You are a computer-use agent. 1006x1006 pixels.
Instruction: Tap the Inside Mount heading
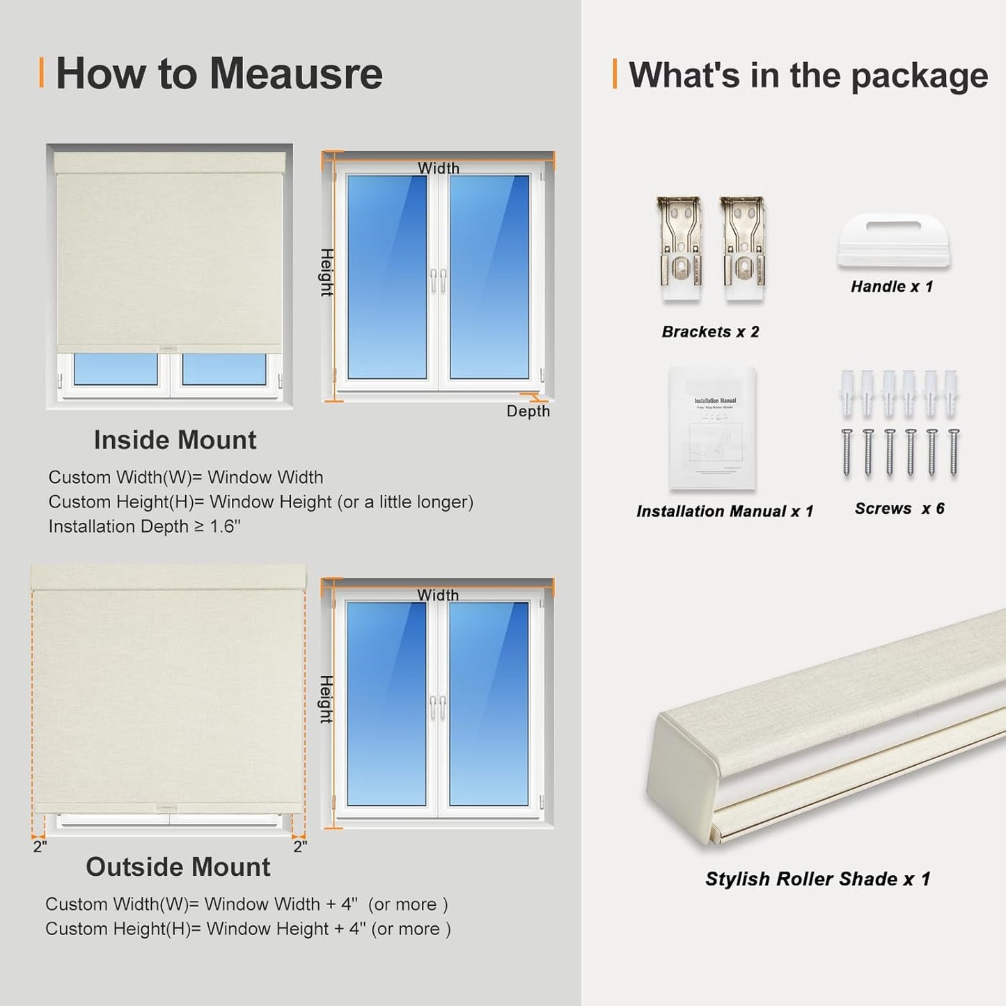click(x=175, y=440)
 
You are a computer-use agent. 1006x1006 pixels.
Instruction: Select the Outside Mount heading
click(x=178, y=867)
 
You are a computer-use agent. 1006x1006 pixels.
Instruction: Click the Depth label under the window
click(x=528, y=411)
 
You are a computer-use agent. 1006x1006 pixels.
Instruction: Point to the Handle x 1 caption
click(x=891, y=287)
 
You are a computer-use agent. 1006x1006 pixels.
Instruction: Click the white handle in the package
click(x=893, y=240)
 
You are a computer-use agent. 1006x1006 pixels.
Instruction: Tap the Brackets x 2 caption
click(x=710, y=332)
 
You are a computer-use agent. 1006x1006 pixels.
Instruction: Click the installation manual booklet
click(x=712, y=427)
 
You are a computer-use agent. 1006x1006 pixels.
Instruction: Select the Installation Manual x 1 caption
click(x=724, y=512)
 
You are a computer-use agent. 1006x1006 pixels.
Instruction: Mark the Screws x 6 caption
click(x=899, y=509)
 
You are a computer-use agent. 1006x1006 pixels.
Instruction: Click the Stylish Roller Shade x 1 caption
click(x=817, y=879)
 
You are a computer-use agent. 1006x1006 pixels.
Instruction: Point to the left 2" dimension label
click(x=40, y=847)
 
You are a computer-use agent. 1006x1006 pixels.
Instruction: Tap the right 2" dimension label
click(x=300, y=847)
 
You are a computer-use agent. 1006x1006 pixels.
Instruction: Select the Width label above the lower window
click(x=438, y=595)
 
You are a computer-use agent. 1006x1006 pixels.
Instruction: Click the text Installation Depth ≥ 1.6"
click(x=144, y=526)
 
